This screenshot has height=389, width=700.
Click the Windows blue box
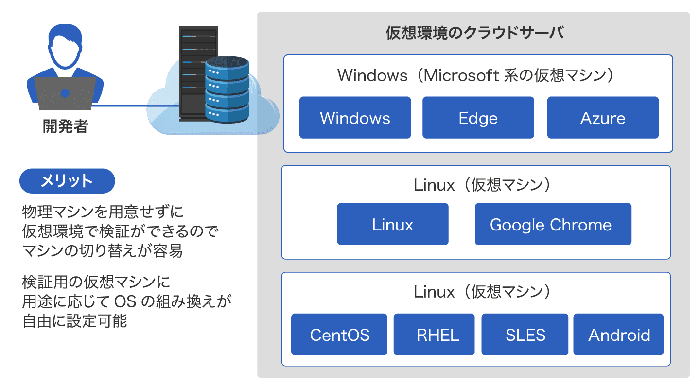point(355,118)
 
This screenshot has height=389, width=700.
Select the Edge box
point(478,118)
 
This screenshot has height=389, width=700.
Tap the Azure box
point(603,118)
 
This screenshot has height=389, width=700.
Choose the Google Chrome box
point(553,224)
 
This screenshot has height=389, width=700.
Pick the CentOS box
point(339,335)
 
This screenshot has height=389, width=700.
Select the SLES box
point(525,335)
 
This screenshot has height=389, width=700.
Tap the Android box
point(618,335)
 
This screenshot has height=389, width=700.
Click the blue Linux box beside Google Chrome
point(393,224)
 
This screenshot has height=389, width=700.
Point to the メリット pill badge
point(67,181)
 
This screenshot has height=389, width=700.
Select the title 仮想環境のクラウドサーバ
point(474,34)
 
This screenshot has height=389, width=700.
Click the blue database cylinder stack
point(227,90)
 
